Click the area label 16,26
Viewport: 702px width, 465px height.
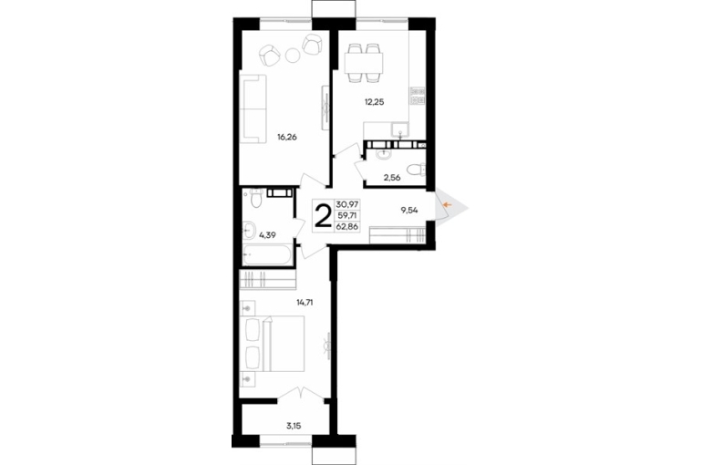[x=287, y=138]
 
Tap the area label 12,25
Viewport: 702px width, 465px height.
[x=375, y=102]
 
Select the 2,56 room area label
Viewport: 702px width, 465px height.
[x=391, y=178]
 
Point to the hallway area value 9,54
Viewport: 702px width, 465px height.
[x=409, y=210]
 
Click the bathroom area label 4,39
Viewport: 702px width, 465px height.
[x=267, y=234]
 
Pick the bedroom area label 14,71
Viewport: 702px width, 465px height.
[x=305, y=303]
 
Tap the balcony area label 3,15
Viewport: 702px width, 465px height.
[x=294, y=426]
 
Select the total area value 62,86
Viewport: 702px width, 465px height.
[x=347, y=226]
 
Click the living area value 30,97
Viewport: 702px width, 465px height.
[x=347, y=204]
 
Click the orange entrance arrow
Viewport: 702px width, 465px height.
[x=447, y=205]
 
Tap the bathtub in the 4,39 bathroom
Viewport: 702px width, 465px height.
[x=267, y=255]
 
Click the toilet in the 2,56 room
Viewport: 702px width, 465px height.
[x=416, y=170]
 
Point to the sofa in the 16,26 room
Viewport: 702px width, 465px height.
[x=253, y=108]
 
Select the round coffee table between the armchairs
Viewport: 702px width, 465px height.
[x=293, y=56]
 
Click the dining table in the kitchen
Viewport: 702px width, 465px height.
[x=365, y=64]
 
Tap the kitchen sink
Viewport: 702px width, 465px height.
[x=399, y=130]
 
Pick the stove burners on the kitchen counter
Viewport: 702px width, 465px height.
[x=418, y=96]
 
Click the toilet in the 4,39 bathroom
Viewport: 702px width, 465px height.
[x=255, y=199]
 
